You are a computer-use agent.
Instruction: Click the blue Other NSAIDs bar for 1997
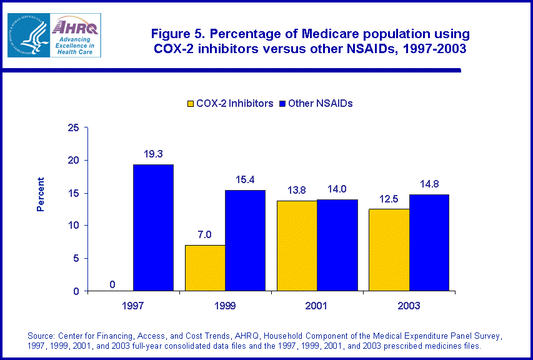(x=153, y=227)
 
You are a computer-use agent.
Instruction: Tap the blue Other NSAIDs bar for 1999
(x=246, y=241)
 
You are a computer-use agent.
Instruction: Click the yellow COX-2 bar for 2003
(x=389, y=249)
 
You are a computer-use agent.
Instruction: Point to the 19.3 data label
(x=153, y=152)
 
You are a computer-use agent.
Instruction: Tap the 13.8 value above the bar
(x=297, y=189)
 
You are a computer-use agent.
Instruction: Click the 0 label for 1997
(x=112, y=284)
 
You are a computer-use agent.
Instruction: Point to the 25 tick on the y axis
(x=74, y=128)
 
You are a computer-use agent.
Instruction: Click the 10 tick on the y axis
(x=74, y=226)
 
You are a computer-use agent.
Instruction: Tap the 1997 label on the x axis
(x=132, y=306)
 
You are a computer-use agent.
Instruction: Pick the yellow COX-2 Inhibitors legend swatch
(x=189, y=104)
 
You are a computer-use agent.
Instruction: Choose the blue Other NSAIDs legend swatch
(x=281, y=104)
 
